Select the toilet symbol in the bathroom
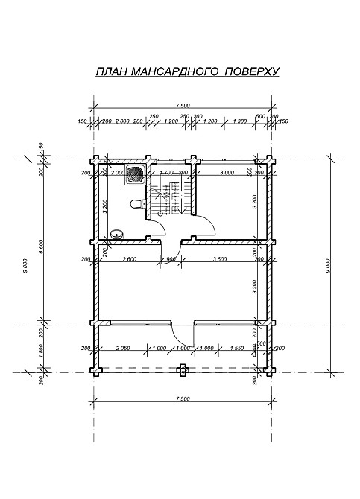click(135, 203)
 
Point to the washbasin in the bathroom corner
click(115, 235)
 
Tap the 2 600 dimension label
click(127, 259)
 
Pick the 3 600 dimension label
click(220, 259)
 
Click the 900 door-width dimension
click(171, 259)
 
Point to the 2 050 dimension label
click(124, 348)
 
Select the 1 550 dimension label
click(238, 348)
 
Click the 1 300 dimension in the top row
click(239, 121)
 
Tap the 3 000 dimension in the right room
click(227, 172)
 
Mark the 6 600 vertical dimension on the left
click(42, 242)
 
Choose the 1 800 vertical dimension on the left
click(42, 347)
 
